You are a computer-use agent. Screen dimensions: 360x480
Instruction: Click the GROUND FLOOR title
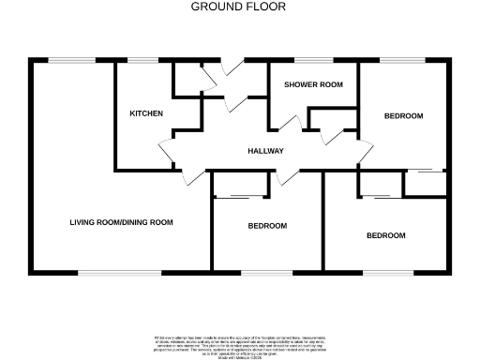[239, 7]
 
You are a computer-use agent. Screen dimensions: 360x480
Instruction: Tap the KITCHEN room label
[146, 113]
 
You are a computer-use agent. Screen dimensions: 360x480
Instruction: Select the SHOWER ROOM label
[313, 84]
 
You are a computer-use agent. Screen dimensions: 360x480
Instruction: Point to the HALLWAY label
[265, 151]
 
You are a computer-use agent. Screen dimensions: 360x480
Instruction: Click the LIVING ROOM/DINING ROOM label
[122, 222]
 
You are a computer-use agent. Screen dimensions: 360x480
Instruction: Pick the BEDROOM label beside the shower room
[403, 115]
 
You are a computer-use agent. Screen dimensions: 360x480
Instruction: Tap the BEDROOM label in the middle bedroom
[267, 226]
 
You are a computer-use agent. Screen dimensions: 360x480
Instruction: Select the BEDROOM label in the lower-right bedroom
[385, 235]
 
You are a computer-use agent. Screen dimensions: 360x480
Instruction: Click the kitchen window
[142, 61]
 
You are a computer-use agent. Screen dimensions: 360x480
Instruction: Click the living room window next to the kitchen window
[66, 61]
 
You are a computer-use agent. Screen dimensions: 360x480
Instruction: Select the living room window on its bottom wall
[103, 273]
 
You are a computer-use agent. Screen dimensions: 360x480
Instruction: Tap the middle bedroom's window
[268, 273]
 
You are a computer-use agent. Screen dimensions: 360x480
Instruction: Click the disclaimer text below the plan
[239, 343]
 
